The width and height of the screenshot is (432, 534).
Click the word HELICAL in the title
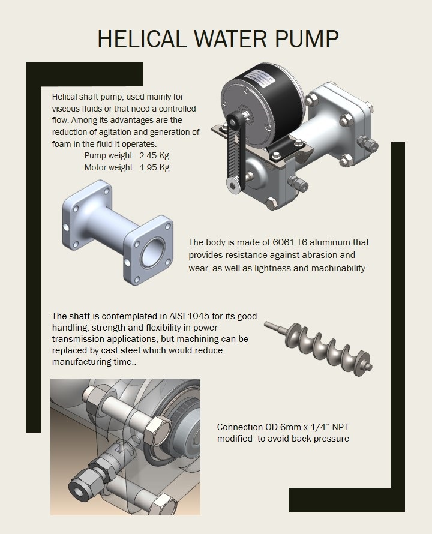tap(142, 39)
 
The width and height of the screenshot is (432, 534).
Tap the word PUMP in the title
tap(307, 39)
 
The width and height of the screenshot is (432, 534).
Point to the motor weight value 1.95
tap(149, 167)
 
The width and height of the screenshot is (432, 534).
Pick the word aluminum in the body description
tap(330, 242)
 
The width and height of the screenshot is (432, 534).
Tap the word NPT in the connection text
tap(340, 427)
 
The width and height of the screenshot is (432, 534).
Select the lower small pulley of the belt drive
tap(233, 185)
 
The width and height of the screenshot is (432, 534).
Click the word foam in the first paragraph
tap(60, 144)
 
